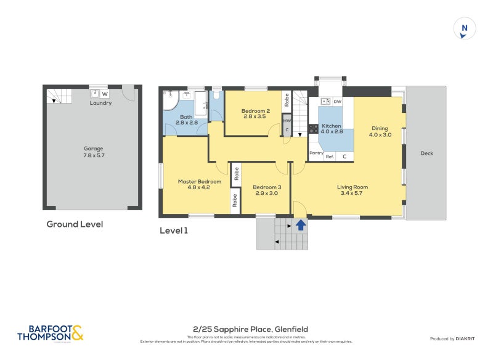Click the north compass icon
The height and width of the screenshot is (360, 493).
[x=465, y=29]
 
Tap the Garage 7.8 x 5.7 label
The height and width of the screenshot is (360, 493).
[x=94, y=152]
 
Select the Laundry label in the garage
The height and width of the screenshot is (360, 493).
[x=100, y=103]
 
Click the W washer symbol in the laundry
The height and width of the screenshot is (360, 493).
[x=105, y=94]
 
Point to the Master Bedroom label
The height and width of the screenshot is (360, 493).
[x=199, y=184]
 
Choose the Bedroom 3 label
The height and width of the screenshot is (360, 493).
[x=267, y=190]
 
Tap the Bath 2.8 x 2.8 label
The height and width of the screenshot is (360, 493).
[x=185, y=120]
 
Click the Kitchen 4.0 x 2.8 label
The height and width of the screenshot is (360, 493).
[x=332, y=128]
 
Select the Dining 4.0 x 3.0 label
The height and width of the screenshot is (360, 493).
[x=380, y=131]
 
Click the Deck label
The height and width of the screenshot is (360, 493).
[x=426, y=153]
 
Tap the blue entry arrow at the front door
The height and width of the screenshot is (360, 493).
[x=301, y=225]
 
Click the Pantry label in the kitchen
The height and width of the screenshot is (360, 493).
[x=316, y=153]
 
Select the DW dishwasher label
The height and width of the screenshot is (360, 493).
[x=337, y=102]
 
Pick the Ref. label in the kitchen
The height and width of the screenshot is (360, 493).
[x=330, y=157]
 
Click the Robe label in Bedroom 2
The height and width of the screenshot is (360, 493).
[x=287, y=100]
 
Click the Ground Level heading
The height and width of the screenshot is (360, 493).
[x=75, y=224]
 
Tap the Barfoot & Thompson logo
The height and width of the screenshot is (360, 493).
[x=50, y=333]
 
